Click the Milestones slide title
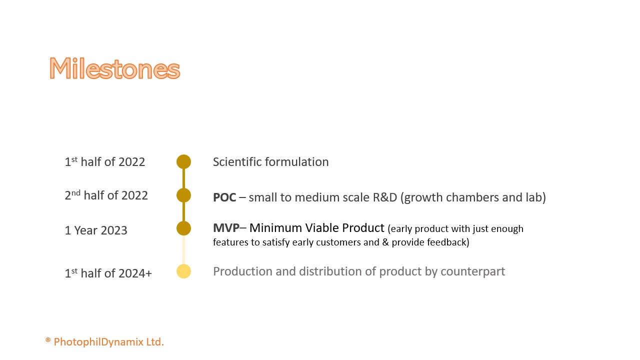(x=114, y=68)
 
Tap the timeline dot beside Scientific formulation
(x=183, y=161)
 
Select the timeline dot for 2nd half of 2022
(x=183, y=195)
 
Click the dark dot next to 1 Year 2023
(x=183, y=228)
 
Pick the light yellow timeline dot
(x=183, y=271)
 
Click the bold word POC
(x=224, y=197)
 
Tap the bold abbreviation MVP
(x=226, y=228)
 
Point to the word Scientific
(x=237, y=161)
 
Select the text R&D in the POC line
(x=385, y=197)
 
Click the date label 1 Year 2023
(x=96, y=230)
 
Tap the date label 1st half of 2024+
(x=108, y=273)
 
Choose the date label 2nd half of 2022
(x=106, y=195)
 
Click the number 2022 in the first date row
(x=131, y=162)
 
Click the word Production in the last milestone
(x=242, y=271)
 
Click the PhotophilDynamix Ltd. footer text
(x=109, y=341)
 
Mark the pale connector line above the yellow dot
(x=183, y=249)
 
